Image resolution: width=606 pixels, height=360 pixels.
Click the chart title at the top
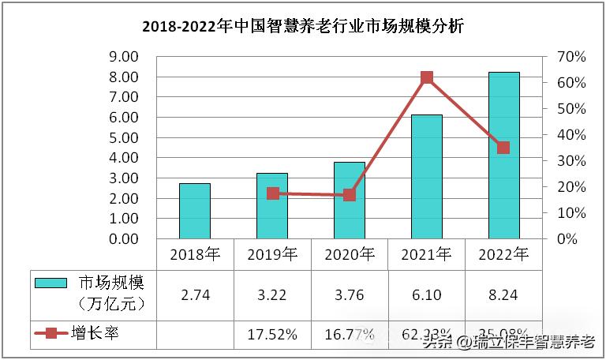[303, 27]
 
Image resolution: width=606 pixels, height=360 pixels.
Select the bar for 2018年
[195, 211]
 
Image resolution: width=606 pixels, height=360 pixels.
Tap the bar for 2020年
[350, 201]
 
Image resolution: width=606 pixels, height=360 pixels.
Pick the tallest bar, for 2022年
[504, 156]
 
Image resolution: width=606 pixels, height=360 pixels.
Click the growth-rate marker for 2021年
[427, 77]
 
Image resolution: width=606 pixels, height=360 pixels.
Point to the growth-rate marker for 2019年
[273, 193]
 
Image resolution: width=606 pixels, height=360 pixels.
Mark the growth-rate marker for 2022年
[503, 148]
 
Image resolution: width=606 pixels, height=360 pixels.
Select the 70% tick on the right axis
[570, 57]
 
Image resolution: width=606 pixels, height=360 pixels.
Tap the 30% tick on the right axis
[570, 161]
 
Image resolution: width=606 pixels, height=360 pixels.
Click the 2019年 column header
[272, 254]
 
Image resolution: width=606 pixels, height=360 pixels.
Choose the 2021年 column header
[427, 254]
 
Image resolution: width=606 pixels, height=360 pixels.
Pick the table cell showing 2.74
[195, 294]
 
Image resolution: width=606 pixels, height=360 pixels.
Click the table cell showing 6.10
[427, 294]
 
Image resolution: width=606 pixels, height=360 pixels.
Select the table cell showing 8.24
[504, 294]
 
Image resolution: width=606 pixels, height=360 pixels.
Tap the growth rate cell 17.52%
[272, 334]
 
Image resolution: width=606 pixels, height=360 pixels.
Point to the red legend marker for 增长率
[51, 333]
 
